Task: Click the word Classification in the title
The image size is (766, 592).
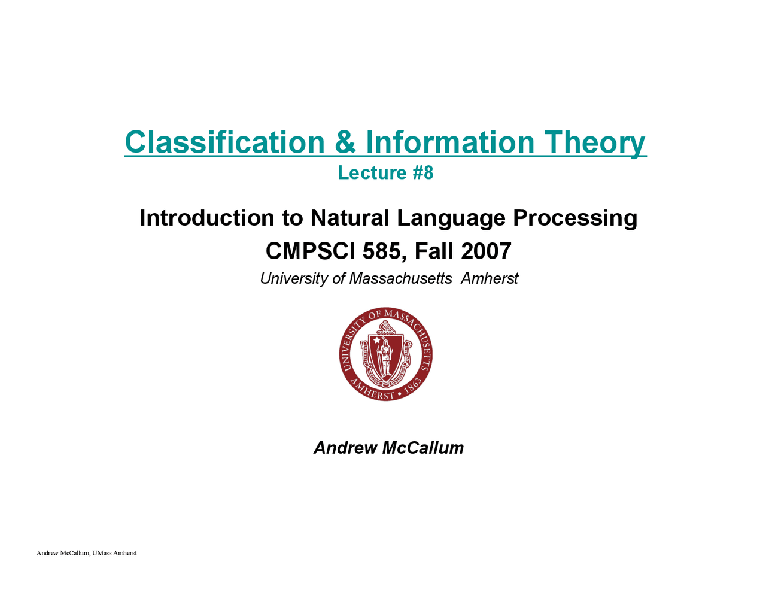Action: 224,142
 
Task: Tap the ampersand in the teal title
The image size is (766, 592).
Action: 345,142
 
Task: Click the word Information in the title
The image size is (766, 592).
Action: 450,142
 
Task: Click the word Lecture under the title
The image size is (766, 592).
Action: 372,173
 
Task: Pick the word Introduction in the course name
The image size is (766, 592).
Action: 207,217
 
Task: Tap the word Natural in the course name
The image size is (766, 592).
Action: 349,217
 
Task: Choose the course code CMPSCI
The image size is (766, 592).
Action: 310,251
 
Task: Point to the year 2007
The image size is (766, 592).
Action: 486,251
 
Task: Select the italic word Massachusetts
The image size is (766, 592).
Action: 400,278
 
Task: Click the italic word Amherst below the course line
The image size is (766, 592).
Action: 490,278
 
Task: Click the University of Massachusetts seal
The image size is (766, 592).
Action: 385,354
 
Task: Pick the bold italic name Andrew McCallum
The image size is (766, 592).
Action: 388,448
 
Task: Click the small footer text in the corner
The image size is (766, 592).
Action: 86,553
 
